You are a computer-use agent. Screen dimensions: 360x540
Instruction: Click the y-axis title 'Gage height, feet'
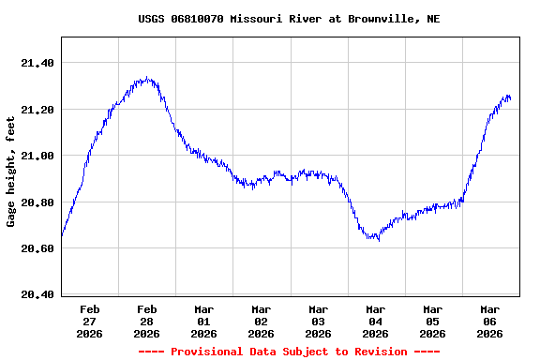[11, 172]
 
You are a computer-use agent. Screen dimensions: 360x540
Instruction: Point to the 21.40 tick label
[37, 63]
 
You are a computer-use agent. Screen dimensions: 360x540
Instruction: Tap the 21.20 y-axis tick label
[37, 110]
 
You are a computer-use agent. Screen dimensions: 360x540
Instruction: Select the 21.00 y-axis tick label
[37, 156]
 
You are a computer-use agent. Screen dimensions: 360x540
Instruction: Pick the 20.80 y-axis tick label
[37, 202]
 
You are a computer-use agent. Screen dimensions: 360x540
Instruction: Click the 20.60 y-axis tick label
[37, 248]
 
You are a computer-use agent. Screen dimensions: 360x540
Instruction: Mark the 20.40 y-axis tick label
[37, 294]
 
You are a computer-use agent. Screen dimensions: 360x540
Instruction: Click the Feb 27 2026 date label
[90, 321]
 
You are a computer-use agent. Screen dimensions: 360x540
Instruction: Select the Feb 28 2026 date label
[147, 321]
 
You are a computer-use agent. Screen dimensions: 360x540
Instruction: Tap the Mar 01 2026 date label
[204, 321]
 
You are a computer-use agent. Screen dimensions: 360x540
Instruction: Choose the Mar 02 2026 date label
[262, 321]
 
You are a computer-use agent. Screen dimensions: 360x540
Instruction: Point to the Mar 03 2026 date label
[319, 321]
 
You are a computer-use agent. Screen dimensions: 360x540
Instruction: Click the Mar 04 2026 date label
[376, 321]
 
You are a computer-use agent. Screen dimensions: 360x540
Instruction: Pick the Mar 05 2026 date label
[433, 321]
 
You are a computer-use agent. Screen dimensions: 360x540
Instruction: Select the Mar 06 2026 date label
[490, 321]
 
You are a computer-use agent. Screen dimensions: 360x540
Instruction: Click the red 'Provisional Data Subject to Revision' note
[289, 352]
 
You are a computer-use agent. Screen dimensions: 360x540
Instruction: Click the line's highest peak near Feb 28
[146, 78]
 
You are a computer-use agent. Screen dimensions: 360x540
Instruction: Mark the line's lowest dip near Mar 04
[376, 239]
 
